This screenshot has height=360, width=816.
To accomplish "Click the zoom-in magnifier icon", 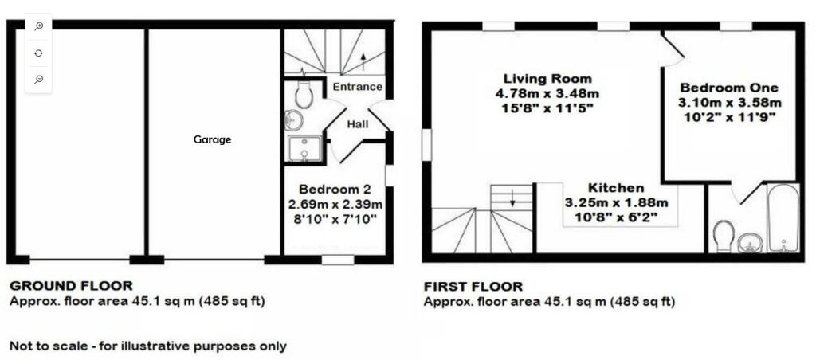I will [x=38, y=26].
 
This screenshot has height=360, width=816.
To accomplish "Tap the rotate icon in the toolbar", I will [x=38, y=53].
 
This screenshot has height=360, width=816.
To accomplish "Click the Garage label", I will [x=213, y=139].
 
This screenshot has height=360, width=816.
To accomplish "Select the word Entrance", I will [x=357, y=87].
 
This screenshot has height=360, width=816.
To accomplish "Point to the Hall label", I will [x=357, y=124].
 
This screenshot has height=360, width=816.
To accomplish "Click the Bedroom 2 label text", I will [x=335, y=190].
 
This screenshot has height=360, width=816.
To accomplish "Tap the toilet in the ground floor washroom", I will [x=303, y=94].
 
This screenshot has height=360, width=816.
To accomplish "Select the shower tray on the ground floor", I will [x=305, y=149].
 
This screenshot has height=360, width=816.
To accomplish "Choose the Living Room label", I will [x=547, y=79].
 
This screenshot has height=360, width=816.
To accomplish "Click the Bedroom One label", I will [x=728, y=88].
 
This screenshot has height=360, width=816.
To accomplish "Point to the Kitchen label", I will [x=616, y=188].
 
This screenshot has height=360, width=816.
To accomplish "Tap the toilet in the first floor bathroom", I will [x=724, y=236].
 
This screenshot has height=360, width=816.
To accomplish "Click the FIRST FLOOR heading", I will [x=473, y=287].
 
